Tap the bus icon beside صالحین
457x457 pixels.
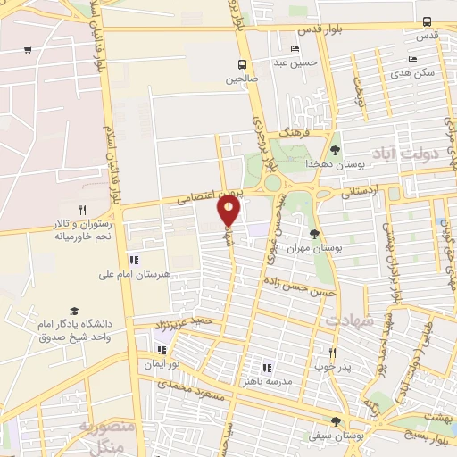tap(241, 63)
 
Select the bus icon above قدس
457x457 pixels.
tap(427, 21)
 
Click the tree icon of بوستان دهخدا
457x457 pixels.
tap(335, 150)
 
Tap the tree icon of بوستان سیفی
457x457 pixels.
tap(336, 421)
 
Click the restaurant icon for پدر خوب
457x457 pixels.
tap(332, 353)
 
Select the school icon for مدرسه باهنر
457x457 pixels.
tap(265, 367)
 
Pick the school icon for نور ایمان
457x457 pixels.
tap(162, 351)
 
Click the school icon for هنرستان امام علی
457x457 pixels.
tap(134, 260)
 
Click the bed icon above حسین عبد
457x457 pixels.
tap(295, 48)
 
